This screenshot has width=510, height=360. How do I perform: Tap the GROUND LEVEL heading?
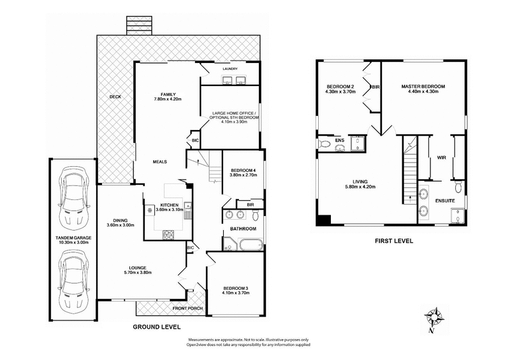click(156, 327)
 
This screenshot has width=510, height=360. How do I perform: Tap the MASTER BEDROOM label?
click(423, 86)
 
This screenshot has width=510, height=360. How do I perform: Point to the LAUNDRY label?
click(230, 69)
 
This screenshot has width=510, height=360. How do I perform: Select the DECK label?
click(115, 97)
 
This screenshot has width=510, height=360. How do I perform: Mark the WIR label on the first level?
click(441, 158)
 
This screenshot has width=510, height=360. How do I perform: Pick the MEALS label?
click(159, 162)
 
